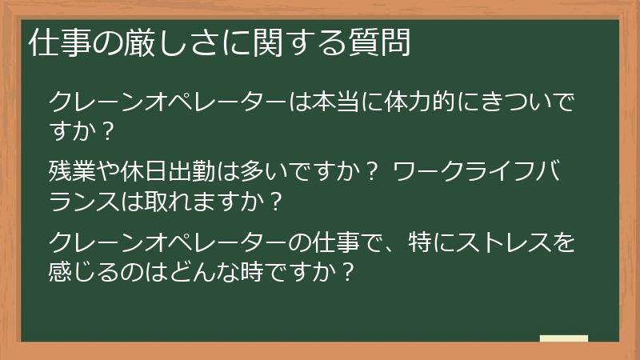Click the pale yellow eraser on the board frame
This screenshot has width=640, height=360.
[563, 339]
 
